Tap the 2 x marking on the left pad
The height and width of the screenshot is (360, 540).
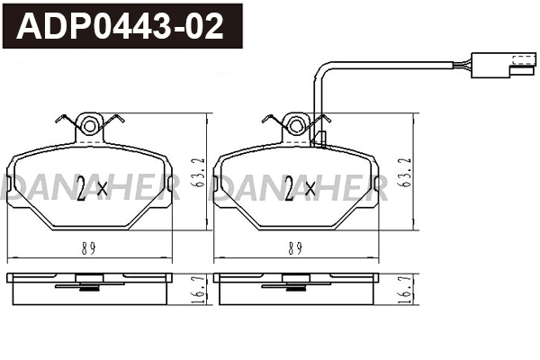point(93,188)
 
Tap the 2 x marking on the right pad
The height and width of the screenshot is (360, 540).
point(300,188)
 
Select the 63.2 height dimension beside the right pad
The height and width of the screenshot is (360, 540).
point(407,170)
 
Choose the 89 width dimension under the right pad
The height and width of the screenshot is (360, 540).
point(295,247)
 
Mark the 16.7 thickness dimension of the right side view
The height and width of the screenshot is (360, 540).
point(407,290)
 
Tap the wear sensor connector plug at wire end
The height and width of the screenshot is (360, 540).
point(518,64)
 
